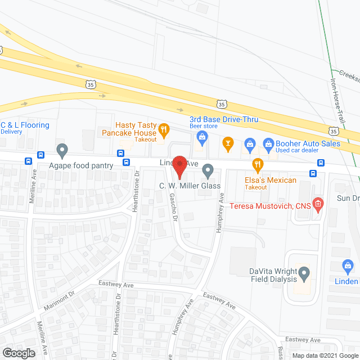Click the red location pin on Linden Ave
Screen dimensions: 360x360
click(179, 166)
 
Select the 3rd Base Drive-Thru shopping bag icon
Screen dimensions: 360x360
click(200, 143)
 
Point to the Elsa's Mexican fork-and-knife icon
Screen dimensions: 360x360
click(258, 164)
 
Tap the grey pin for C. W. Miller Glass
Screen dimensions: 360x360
click(208, 169)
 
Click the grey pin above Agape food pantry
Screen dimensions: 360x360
click(62, 150)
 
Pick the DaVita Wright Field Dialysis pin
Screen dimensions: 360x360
click(304, 274)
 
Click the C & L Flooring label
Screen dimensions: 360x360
click(25, 125)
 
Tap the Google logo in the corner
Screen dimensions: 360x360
click(18, 353)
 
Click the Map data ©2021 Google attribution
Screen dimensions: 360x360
click(324, 355)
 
